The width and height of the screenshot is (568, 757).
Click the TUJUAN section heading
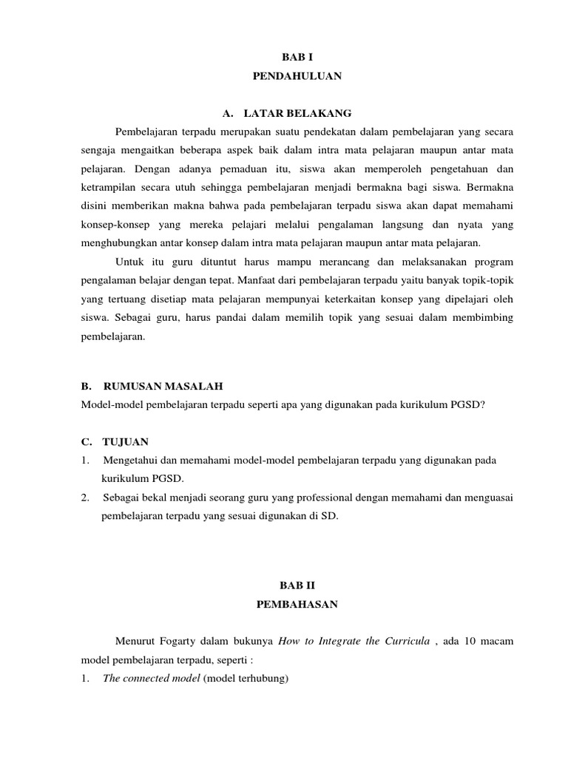(x=125, y=442)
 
